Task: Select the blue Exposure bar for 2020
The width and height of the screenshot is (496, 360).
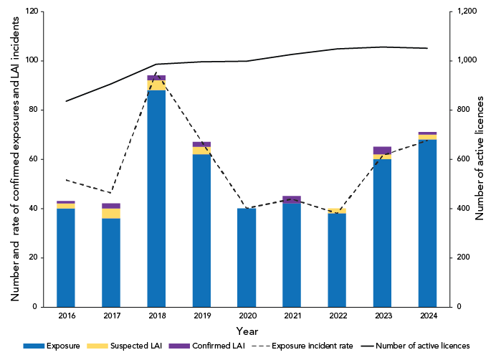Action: (247, 257)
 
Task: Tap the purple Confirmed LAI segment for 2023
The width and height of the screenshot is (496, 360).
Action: (382, 151)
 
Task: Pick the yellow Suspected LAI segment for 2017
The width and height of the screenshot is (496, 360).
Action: (111, 213)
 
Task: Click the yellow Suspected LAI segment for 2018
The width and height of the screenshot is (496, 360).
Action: (156, 85)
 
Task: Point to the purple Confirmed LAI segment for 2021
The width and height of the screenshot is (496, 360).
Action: (292, 199)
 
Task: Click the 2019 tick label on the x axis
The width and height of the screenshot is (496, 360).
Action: (201, 316)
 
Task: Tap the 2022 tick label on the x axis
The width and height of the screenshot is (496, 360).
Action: (337, 316)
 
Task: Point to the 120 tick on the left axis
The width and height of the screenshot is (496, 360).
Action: (30, 11)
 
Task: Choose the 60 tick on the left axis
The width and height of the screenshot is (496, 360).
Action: (32, 159)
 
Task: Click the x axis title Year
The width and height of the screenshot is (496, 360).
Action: (247, 331)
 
